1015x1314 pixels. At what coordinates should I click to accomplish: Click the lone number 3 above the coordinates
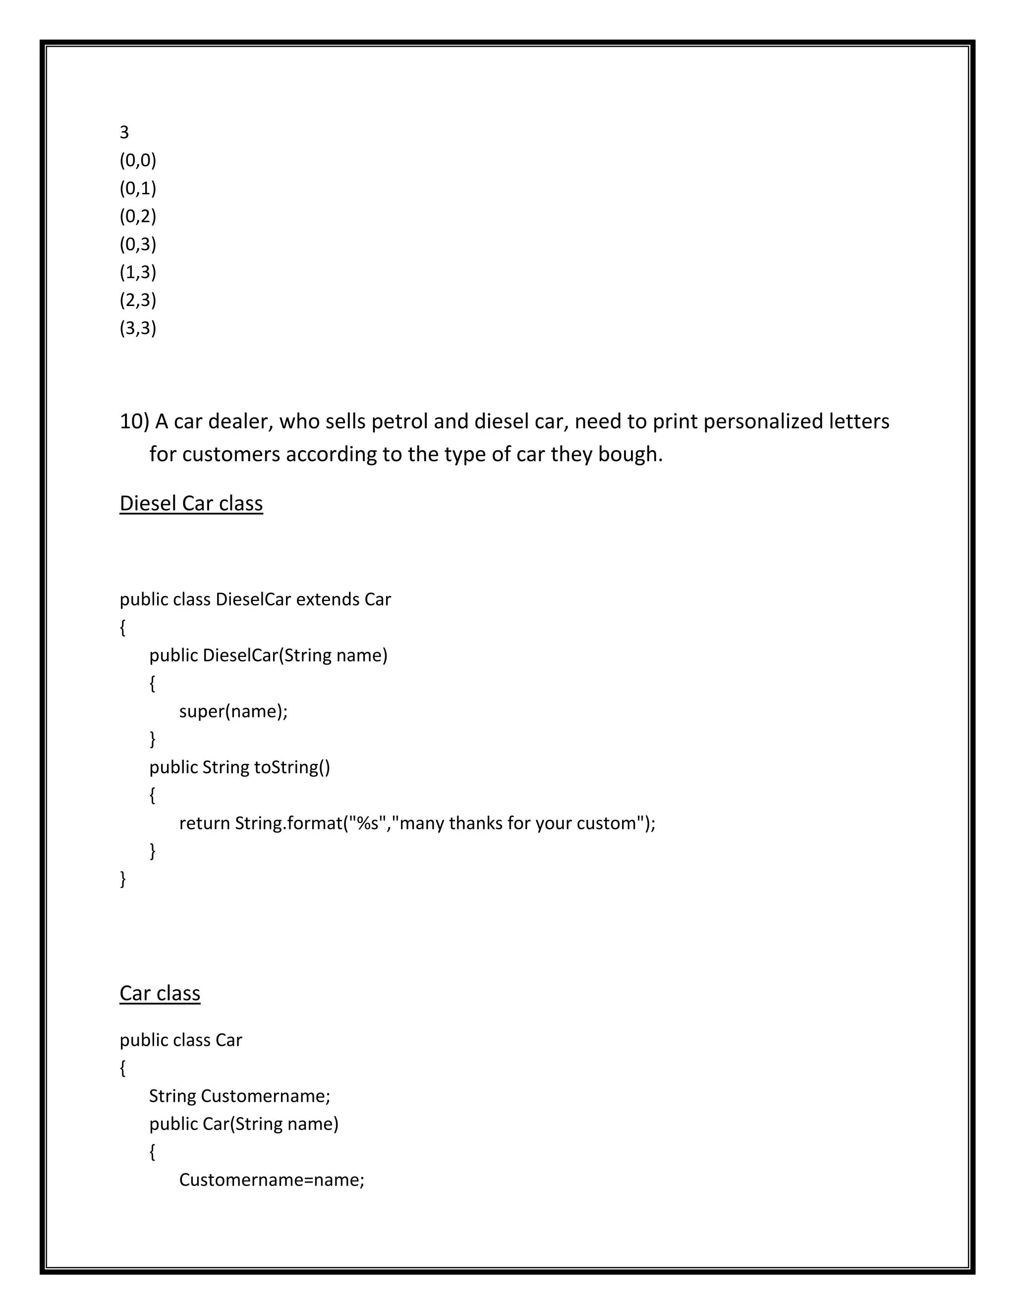point(124,132)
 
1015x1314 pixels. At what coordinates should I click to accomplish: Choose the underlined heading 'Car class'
point(160,993)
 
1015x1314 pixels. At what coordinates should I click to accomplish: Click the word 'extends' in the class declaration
point(328,600)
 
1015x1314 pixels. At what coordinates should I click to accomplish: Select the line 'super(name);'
point(233,712)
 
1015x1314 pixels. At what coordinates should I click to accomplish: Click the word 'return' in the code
point(205,824)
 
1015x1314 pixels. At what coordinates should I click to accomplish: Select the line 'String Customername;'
point(240,1096)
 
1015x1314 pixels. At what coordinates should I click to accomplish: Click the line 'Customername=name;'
point(272,1180)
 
